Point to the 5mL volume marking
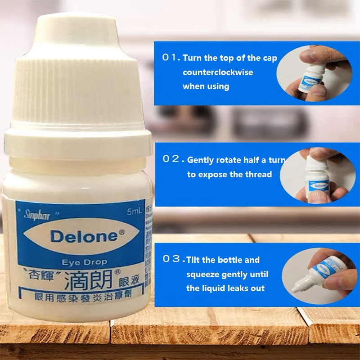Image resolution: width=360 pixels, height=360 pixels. coord(135,211)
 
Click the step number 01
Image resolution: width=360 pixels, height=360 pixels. coord(170,58)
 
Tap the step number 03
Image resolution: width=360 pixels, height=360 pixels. coord(171,259)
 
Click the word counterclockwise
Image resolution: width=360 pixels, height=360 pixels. coord(218,72)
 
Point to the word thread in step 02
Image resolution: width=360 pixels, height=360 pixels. coord(259,174)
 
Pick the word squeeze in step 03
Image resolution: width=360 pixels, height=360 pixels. coord(203,274)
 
